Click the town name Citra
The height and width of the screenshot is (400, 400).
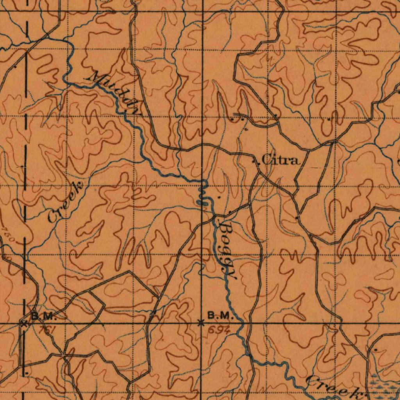point(280,160)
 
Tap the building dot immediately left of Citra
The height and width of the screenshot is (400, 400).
point(255,161)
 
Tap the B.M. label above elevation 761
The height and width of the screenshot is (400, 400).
point(44,316)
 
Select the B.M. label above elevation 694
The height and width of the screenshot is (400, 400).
point(220,316)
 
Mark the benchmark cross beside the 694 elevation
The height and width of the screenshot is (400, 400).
point(201,323)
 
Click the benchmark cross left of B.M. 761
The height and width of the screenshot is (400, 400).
point(23,323)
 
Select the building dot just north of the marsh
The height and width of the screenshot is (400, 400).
point(375,350)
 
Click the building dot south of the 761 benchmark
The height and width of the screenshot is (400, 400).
point(26,374)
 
